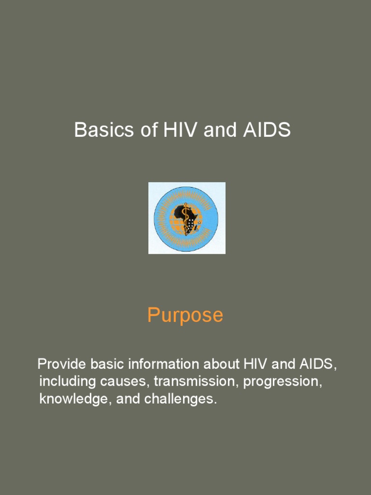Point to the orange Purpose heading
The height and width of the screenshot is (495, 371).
[185, 316]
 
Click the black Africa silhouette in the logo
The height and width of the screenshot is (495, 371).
[182, 215]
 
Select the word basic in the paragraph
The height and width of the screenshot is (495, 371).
[114, 364]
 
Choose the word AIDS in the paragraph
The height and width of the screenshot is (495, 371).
[316, 364]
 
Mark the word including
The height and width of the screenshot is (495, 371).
[68, 382]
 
